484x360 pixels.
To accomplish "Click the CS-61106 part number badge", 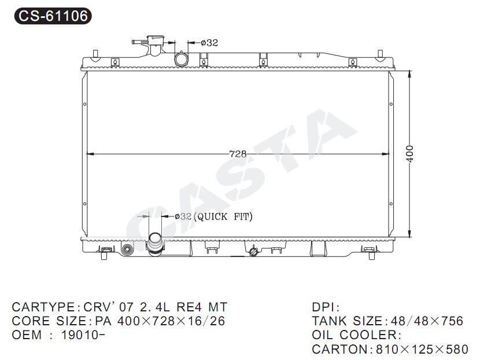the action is [53, 16].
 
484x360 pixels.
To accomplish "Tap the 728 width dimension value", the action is [238, 153].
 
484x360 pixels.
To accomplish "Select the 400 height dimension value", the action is [409, 153].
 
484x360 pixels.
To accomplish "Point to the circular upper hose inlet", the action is [181, 59].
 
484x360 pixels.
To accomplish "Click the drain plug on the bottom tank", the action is [253, 251].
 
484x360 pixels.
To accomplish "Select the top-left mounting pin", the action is [95, 54].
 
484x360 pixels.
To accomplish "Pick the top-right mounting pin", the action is [380, 54].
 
